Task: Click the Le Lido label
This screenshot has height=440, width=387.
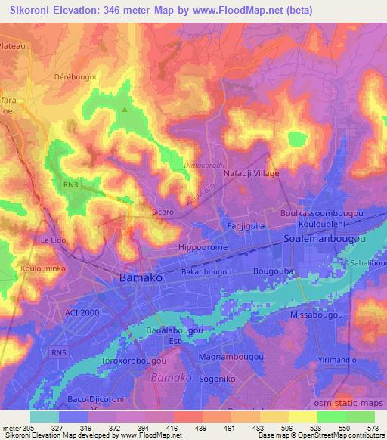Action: point(54,240)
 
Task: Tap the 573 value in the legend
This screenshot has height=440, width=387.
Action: point(373,428)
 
